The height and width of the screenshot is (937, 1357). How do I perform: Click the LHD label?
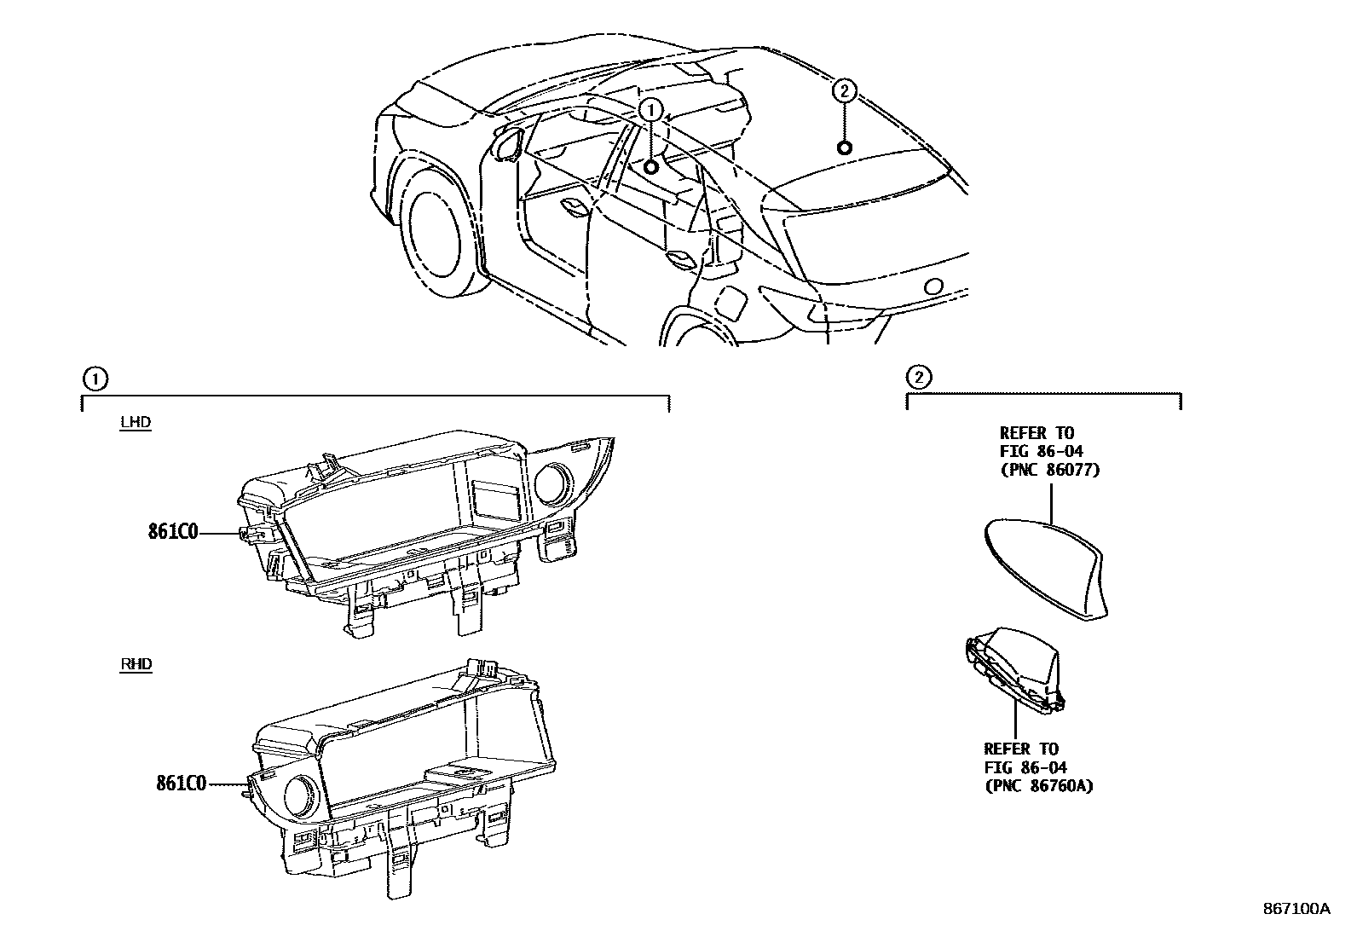(136, 422)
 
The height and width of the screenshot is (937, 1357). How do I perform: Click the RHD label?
(136, 664)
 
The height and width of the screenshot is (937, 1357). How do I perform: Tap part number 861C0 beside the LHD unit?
(173, 533)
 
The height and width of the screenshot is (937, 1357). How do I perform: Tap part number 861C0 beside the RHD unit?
(181, 783)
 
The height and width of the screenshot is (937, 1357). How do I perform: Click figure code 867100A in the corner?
(1296, 910)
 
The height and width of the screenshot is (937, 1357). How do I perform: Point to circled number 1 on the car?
(650, 109)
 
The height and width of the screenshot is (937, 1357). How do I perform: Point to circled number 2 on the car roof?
(843, 90)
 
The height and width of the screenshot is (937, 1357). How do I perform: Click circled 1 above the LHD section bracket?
(94, 378)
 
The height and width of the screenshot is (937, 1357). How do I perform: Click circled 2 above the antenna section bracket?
(918, 376)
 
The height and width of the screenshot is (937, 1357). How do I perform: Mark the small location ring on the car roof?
(844, 148)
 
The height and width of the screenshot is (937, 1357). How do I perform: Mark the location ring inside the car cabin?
(650, 167)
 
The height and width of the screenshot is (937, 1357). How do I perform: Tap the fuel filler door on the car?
(731, 303)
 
